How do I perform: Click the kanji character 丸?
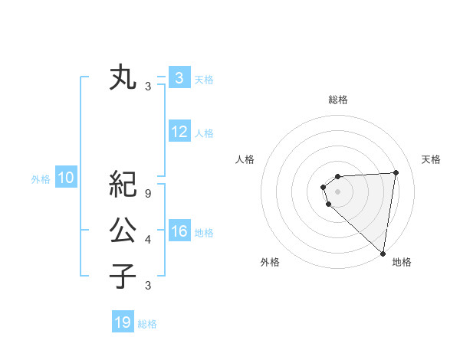[x=123, y=78]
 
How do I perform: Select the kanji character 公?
[x=123, y=230]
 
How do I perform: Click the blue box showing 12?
[x=179, y=132]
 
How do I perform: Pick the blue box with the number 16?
[x=179, y=231]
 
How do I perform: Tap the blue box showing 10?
[x=66, y=178]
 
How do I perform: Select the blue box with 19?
[x=123, y=322]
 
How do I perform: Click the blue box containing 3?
[x=179, y=78]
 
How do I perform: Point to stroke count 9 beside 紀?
[x=148, y=193]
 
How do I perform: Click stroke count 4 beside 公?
[x=148, y=240]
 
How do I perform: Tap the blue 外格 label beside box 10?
[x=41, y=179]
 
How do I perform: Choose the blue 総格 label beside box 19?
[x=147, y=323]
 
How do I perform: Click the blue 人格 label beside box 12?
[x=204, y=133]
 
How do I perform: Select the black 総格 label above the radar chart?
[x=338, y=100]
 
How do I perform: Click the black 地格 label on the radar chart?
[x=402, y=262]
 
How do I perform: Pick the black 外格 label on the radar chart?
[x=270, y=262]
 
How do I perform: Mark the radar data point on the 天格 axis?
[x=396, y=172]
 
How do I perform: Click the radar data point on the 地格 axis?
[x=383, y=253]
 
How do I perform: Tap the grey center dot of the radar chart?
[x=337, y=191]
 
